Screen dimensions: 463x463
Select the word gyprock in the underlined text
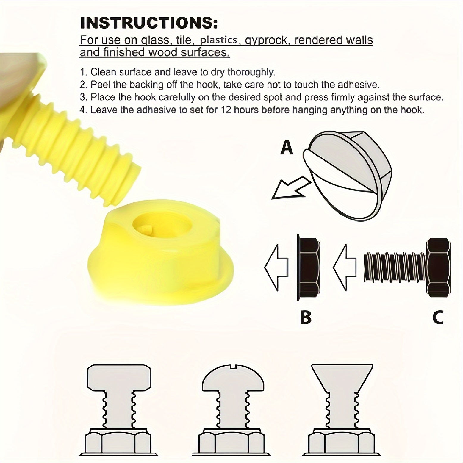click(x=267, y=40)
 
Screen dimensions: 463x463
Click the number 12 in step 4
click(x=226, y=110)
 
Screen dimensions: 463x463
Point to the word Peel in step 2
click(x=101, y=85)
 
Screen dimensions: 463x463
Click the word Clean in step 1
click(x=103, y=72)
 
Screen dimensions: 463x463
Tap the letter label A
click(x=287, y=148)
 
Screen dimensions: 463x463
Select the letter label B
click(x=306, y=317)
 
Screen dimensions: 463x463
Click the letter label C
click(x=438, y=317)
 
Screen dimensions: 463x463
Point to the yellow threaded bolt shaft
click(x=80, y=143)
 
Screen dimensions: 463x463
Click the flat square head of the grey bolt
click(x=119, y=377)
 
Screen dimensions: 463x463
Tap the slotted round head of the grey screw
click(x=233, y=378)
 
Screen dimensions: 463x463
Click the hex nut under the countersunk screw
click(x=341, y=443)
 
